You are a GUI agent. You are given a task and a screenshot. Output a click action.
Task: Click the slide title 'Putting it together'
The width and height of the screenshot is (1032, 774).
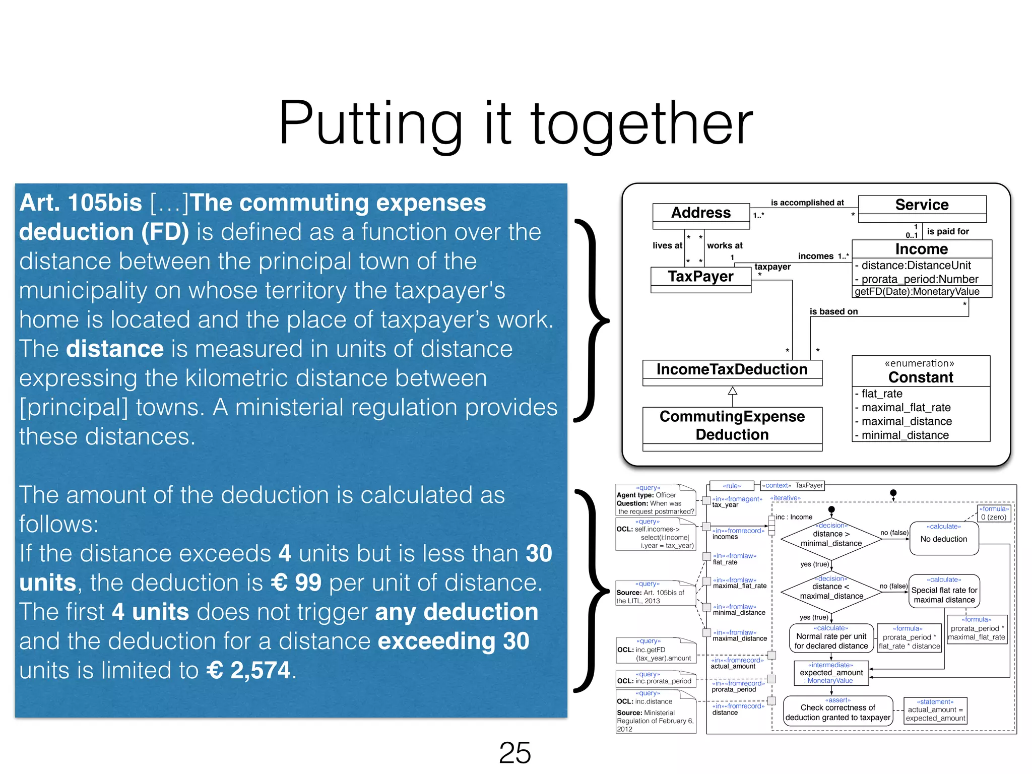click(515, 123)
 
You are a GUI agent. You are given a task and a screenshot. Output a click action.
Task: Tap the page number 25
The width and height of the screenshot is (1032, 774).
click(514, 753)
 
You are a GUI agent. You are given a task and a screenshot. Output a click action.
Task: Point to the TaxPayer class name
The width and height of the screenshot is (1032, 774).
click(700, 276)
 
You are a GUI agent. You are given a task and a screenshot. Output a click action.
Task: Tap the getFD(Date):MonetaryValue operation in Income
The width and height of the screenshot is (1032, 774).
click(917, 292)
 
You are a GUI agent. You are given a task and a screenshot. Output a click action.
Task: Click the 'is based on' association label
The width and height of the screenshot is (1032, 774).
click(833, 311)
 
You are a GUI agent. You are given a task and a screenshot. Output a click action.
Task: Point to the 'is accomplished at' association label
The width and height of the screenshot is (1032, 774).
click(807, 203)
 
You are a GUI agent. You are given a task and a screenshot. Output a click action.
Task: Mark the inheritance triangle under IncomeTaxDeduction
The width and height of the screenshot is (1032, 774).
click(732, 391)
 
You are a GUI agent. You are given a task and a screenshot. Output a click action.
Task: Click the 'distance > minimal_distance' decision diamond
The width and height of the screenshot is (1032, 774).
click(831, 539)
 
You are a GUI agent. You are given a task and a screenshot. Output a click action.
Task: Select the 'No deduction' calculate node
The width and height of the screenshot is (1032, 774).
click(944, 539)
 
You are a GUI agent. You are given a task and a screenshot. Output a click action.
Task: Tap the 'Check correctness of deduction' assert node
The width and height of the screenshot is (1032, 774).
click(837, 712)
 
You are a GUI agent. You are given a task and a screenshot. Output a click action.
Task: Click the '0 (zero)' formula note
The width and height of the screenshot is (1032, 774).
click(994, 514)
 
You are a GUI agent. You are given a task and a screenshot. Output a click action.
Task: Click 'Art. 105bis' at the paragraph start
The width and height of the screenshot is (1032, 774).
click(81, 203)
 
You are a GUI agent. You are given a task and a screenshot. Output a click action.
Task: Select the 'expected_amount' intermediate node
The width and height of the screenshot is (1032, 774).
click(831, 673)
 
